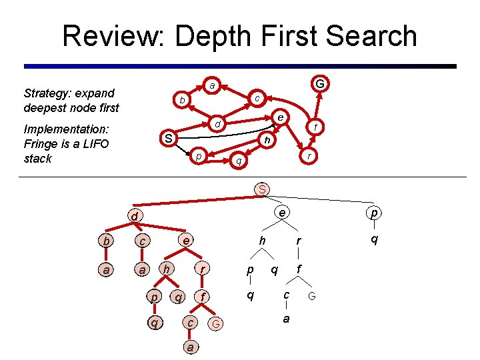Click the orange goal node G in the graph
(320, 84)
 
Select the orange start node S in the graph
(169, 139)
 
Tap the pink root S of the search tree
(263, 189)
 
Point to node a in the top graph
(211, 85)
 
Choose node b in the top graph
(181, 101)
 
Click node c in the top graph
(257, 98)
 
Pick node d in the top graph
(217, 124)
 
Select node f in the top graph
(316, 127)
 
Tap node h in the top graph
(267, 140)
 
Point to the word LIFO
(99, 144)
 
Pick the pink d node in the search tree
(134, 217)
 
